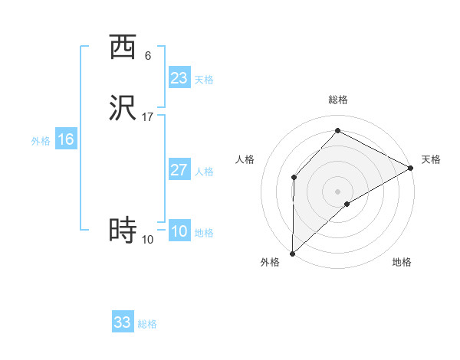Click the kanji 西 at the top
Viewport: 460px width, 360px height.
pyautogui.click(x=123, y=47)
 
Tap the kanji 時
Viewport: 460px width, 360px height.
pyautogui.click(x=123, y=230)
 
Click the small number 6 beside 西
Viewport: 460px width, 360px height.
pyautogui.click(x=148, y=56)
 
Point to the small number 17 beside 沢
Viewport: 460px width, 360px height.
pyautogui.click(x=148, y=117)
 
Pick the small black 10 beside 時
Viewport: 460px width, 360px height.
pyautogui.click(x=148, y=240)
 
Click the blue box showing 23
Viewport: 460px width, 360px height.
pyautogui.click(x=179, y=78)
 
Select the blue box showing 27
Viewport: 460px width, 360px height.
pyautogui.click(x=179, y=170)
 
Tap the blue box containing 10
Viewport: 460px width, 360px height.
pyautogui.click(x=179, y=231)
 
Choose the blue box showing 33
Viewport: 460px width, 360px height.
pyautogui.click(x=123, y=322)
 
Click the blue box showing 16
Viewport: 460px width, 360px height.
pyautogui.click(x=66, y=139)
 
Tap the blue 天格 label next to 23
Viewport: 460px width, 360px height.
pyautogui.click(x=204, y=80)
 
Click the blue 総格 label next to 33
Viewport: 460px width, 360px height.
pyautogui.click(x=147, y=324)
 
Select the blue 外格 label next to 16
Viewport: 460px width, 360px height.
pyautogui.click(x=41, y=141)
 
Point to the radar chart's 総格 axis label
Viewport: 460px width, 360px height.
pyautogui.click(x=338, y=100)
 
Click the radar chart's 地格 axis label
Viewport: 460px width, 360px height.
pyautogui.click(x=402, y=263)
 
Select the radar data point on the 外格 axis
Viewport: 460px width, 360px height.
pyautogui.click(x=292, y=253)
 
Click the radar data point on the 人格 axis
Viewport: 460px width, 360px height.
pyautogui.click(x=294, y=177)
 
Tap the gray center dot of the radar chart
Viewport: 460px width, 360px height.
pyautogui.click(x=338, y=191)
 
